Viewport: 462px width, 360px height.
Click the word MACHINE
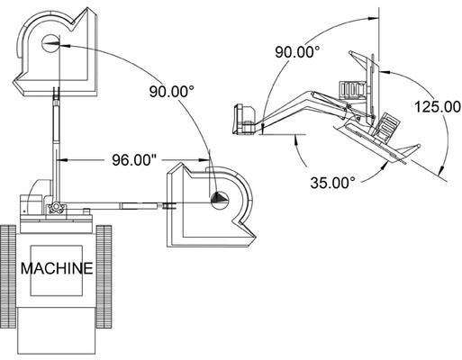[x=57, y=268]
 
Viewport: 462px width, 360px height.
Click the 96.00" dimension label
[x=132, y=161]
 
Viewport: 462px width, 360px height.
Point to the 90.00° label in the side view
[x=299, y=52]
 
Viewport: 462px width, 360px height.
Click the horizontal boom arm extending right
[x=126, y=206]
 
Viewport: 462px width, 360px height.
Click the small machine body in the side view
[x=245, y=120]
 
